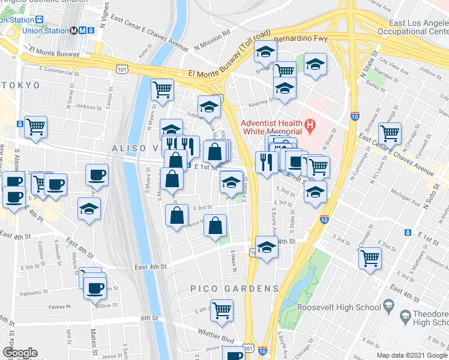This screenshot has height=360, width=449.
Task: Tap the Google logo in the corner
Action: pyautogui.click(x=20, y=353)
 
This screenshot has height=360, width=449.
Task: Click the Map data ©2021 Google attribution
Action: pyautogui.click(x=411, y=355)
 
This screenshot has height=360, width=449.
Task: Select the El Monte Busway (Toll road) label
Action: pyautogui.click(x=229, y=56)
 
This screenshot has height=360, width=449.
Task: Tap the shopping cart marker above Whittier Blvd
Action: pyautogui.click(x=221, y=310)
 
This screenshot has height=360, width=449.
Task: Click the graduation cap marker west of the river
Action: pyautogui.click(x=89, y=209)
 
